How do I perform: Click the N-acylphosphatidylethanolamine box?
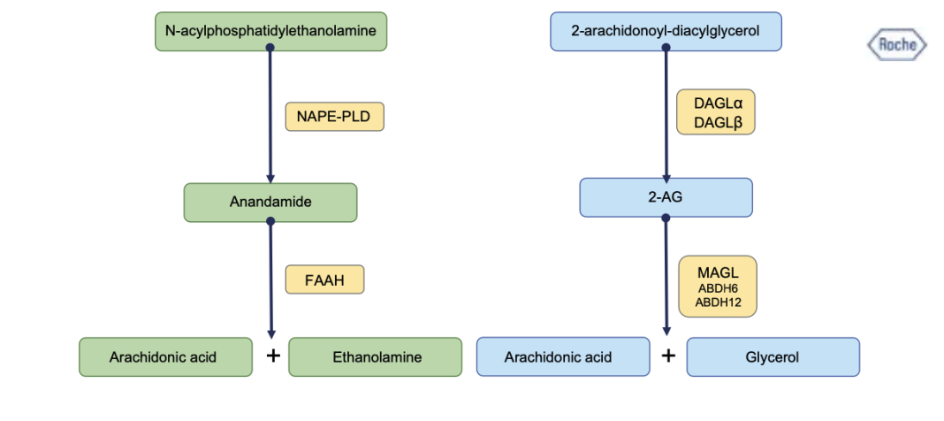(271, 31)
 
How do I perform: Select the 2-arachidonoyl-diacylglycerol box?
(666, 31)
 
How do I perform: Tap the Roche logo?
(897, 45)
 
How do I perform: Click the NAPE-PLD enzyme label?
(335, 116)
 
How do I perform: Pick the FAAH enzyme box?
(325, 279)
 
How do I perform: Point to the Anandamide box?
(270, 203)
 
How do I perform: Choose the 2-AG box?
(666, 197)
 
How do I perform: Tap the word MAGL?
(718, 272)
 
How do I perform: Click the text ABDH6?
(718, 288)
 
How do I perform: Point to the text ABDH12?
(718, 302)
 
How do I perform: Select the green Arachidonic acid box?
(165, 357)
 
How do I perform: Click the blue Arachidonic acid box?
(563, 357)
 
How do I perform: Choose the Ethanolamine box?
(376, 357)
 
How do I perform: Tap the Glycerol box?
(773, 357)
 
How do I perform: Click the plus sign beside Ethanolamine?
(273, 356)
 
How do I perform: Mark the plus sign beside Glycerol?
(668, 356)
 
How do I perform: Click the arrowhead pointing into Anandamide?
(270, 179)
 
